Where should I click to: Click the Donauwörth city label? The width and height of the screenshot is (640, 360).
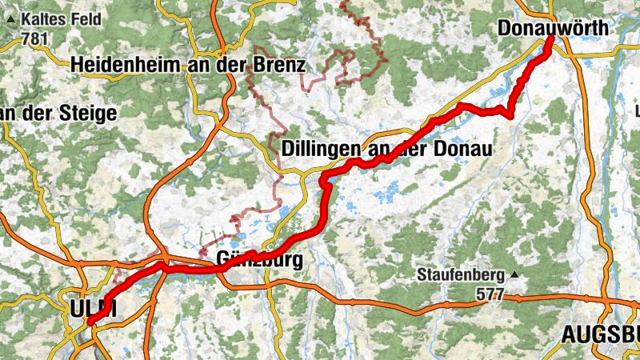pos(553,29)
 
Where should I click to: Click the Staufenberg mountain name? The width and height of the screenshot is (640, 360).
pos(460,276)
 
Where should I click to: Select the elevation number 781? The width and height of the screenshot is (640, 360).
pos(36,38)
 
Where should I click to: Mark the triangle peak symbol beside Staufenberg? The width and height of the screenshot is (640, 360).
pos(514,276)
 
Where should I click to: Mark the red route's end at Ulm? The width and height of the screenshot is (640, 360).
pos(89,322)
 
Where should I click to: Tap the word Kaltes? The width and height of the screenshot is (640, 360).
pos(39,18)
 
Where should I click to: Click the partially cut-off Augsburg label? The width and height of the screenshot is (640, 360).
pos(600,334)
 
